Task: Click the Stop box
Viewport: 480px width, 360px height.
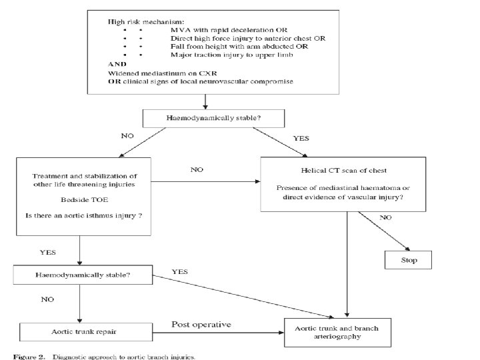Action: point(408,260)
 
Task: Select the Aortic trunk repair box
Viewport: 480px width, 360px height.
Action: point(86,332)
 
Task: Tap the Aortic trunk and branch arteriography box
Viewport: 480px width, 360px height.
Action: point(337,333)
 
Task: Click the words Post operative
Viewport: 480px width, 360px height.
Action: point(201,325)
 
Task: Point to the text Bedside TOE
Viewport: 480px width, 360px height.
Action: point(85,200)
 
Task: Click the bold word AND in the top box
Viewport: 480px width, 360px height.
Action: point(117,64)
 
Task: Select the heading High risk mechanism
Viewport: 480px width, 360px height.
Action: point(146,22)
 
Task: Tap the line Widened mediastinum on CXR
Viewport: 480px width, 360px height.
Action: point(162,73)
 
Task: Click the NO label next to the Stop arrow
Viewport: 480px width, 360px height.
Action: point(385,217)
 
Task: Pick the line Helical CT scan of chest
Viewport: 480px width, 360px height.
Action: point(343,171)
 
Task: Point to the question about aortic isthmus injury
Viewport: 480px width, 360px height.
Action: point(83,215)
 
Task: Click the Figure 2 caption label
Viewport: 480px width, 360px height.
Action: point(29,357)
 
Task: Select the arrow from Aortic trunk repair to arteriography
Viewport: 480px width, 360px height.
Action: point(218,333)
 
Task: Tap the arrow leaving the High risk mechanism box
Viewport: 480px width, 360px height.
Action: point(205,101)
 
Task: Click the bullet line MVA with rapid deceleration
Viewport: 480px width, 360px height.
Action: point(229,30)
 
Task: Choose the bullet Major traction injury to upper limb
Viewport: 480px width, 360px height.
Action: point(232,55)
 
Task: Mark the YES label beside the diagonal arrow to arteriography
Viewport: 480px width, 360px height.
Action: point(180,272)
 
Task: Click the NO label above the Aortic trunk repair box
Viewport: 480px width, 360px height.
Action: point(47,299)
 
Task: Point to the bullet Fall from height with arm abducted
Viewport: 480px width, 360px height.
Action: point(239,47)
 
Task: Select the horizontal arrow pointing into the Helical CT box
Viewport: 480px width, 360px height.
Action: point(205,181)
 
